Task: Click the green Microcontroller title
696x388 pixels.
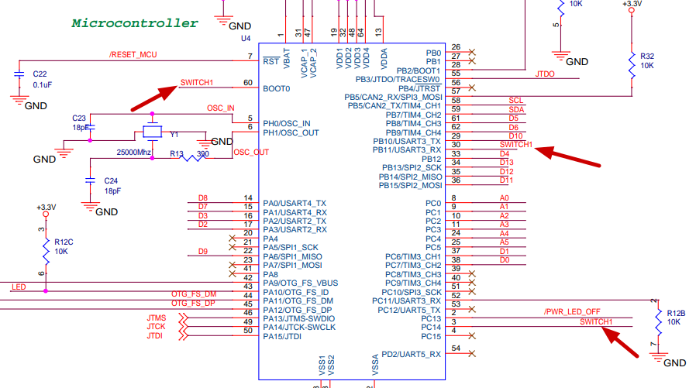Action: pos(135,23)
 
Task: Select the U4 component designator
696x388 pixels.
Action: pos(246,37)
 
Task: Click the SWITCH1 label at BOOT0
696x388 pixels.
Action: pos(196,83)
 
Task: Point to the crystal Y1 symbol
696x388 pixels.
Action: pos(152,132)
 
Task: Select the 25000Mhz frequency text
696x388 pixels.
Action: pos(133,152)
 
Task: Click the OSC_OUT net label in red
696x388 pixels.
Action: pos(250,152)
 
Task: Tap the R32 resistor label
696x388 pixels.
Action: pos(647,56)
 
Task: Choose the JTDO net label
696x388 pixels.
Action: pos(545,74)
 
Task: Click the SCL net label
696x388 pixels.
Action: pos(515,101)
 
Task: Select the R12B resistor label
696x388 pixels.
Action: pos(675,312)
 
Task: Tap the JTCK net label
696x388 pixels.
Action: pos(155,327)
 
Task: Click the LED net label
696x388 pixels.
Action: pos(19,287)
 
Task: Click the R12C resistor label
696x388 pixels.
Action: pos(64,241)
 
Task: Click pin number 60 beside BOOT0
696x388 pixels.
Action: pos(247,83)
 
